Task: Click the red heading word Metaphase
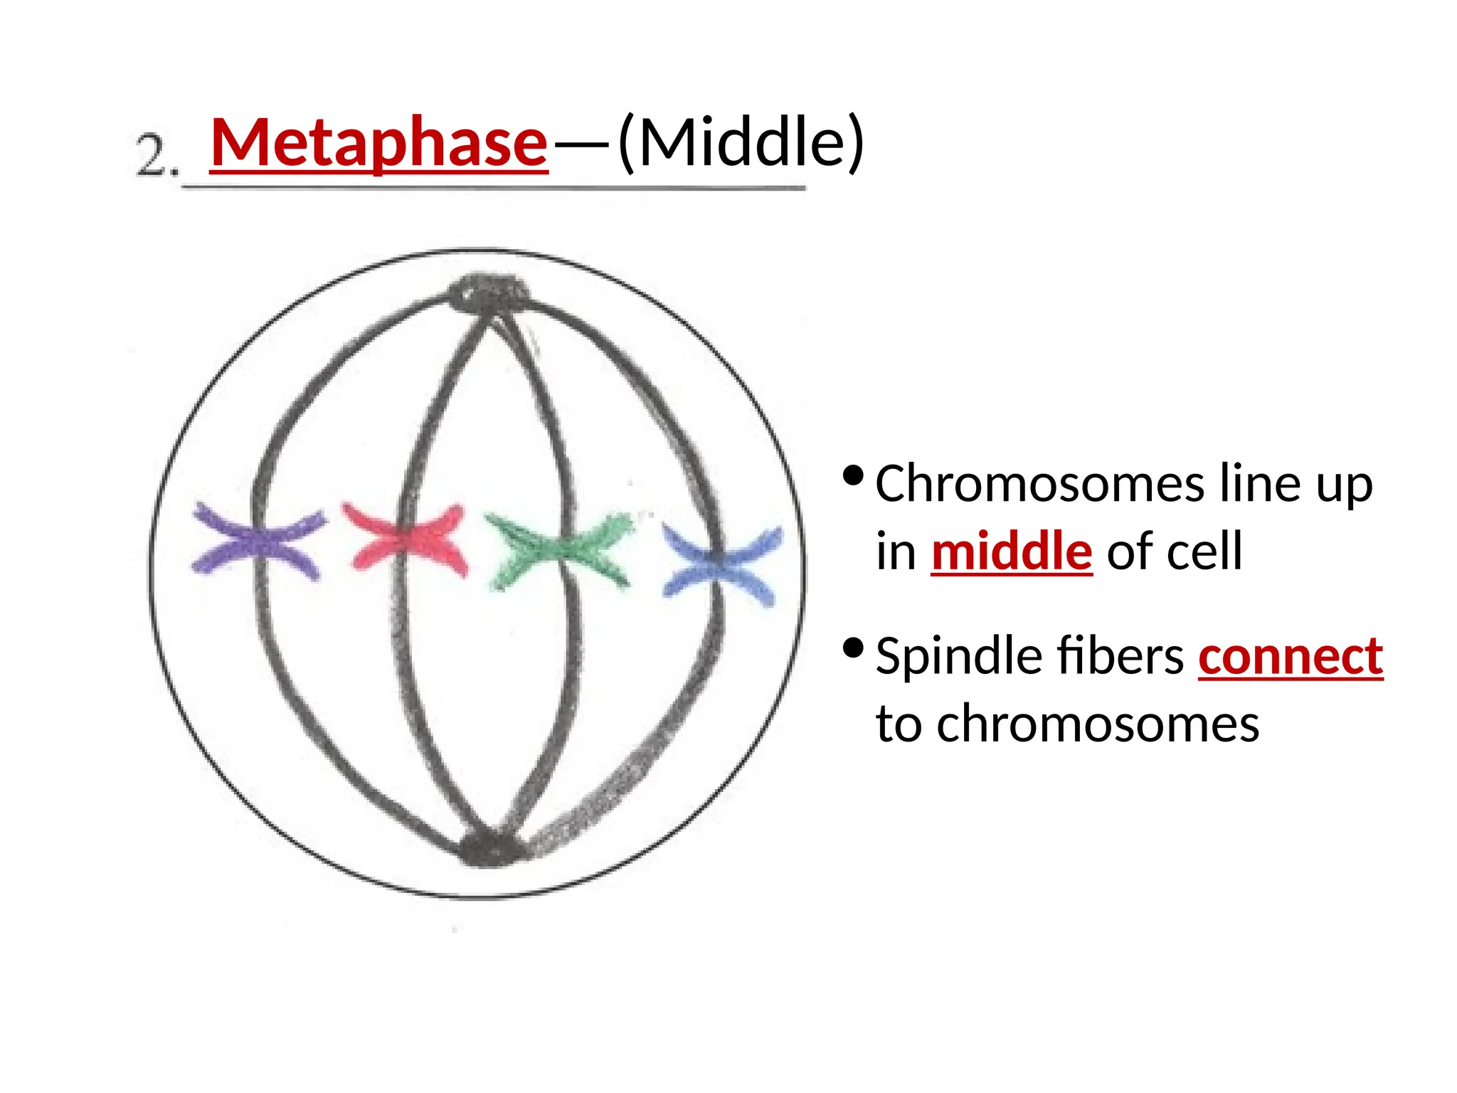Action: (x=378, y=142)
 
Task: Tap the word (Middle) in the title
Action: (x=741, y=142)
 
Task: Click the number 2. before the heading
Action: (x=157, y=157)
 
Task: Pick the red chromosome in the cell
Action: (x=406, y=539)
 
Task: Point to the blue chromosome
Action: (x=721, y=565)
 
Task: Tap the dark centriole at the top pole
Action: (x=489, y=292)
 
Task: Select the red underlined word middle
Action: (x=1011, y=551)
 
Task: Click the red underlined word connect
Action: (x=1290, y=656)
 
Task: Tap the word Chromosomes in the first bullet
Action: (x=1039, y=484)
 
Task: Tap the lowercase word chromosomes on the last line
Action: (x=1098, y=724)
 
